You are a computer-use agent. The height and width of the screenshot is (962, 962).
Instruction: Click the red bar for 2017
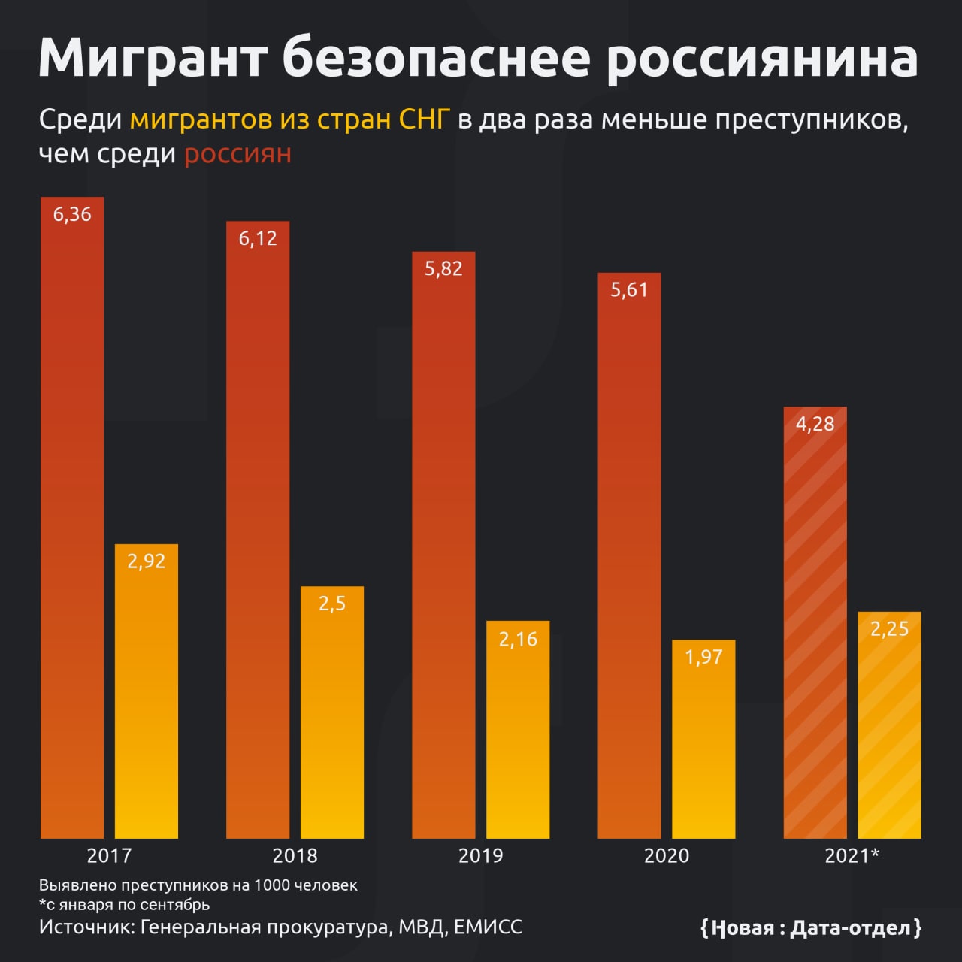coord(72,519)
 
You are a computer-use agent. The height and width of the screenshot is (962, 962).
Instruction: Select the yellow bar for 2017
coord(147,691)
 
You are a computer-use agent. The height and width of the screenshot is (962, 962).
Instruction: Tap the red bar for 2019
coord(443,545)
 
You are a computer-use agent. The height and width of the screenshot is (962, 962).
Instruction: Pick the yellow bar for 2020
coord(703,740)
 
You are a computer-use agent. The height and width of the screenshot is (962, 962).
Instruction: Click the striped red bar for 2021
coord(815,624)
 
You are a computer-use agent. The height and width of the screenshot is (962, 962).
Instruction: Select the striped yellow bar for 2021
coord(889,725)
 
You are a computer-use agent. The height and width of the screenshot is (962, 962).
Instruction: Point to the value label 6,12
coord(258,239)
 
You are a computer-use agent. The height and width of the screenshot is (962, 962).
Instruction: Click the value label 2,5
coord(332,604)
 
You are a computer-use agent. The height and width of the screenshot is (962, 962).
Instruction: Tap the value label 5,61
coord(629,290)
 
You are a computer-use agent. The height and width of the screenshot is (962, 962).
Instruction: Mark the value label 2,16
coord(518,640)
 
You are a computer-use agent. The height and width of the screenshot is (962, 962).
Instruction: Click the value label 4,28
coord(815,425)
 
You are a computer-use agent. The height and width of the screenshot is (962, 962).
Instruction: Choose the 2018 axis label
coord(295,855)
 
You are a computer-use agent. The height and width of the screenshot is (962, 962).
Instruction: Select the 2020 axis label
coord(667,855)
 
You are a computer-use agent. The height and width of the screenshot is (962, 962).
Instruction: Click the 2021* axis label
coord(852,855)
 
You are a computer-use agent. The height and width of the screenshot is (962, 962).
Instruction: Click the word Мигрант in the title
coord(153,59)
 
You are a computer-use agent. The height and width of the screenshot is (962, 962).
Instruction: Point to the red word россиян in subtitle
coord(237,154)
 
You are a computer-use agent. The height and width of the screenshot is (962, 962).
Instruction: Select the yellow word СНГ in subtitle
coord(423,119)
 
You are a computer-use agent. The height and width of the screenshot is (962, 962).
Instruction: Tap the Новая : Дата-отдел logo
coord(811,928)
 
